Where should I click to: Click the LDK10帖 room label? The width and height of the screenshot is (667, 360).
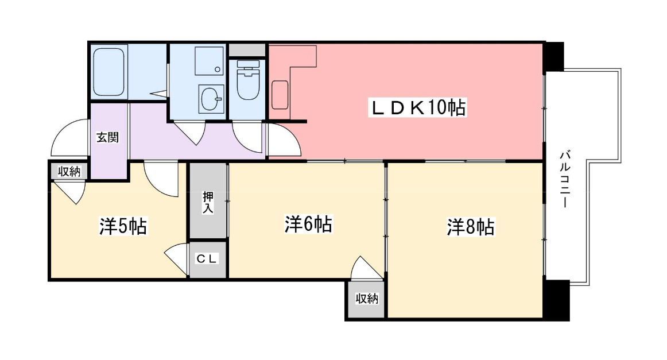(x=417, y=107)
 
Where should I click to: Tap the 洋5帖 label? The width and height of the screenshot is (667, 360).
(x=123, y=226)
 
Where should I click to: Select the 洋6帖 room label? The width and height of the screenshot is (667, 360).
(x=308, y=224)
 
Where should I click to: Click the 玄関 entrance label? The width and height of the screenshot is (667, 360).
(x=107, y=137)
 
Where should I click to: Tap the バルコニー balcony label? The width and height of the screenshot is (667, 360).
(x=565, y=179)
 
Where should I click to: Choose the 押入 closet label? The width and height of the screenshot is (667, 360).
(x=208, y=202)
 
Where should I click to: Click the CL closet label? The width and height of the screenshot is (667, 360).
(x=207, y=258)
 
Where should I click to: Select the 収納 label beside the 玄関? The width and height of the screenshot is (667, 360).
(x=69, y=172)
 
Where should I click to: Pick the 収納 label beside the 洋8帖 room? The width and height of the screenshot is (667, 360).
(x=367, y=299)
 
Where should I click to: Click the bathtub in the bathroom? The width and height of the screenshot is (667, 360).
(x=109, y=72)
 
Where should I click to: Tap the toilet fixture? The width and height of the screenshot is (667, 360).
(x=247, y=80)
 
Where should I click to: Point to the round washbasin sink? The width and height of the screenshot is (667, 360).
(x=211, y=98)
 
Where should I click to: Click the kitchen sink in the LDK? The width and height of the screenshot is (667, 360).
(x=280, y=94)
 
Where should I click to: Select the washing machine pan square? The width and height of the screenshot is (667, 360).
(x=209, y=61)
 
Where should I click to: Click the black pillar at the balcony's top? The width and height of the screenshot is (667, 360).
(x=554, y=56)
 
